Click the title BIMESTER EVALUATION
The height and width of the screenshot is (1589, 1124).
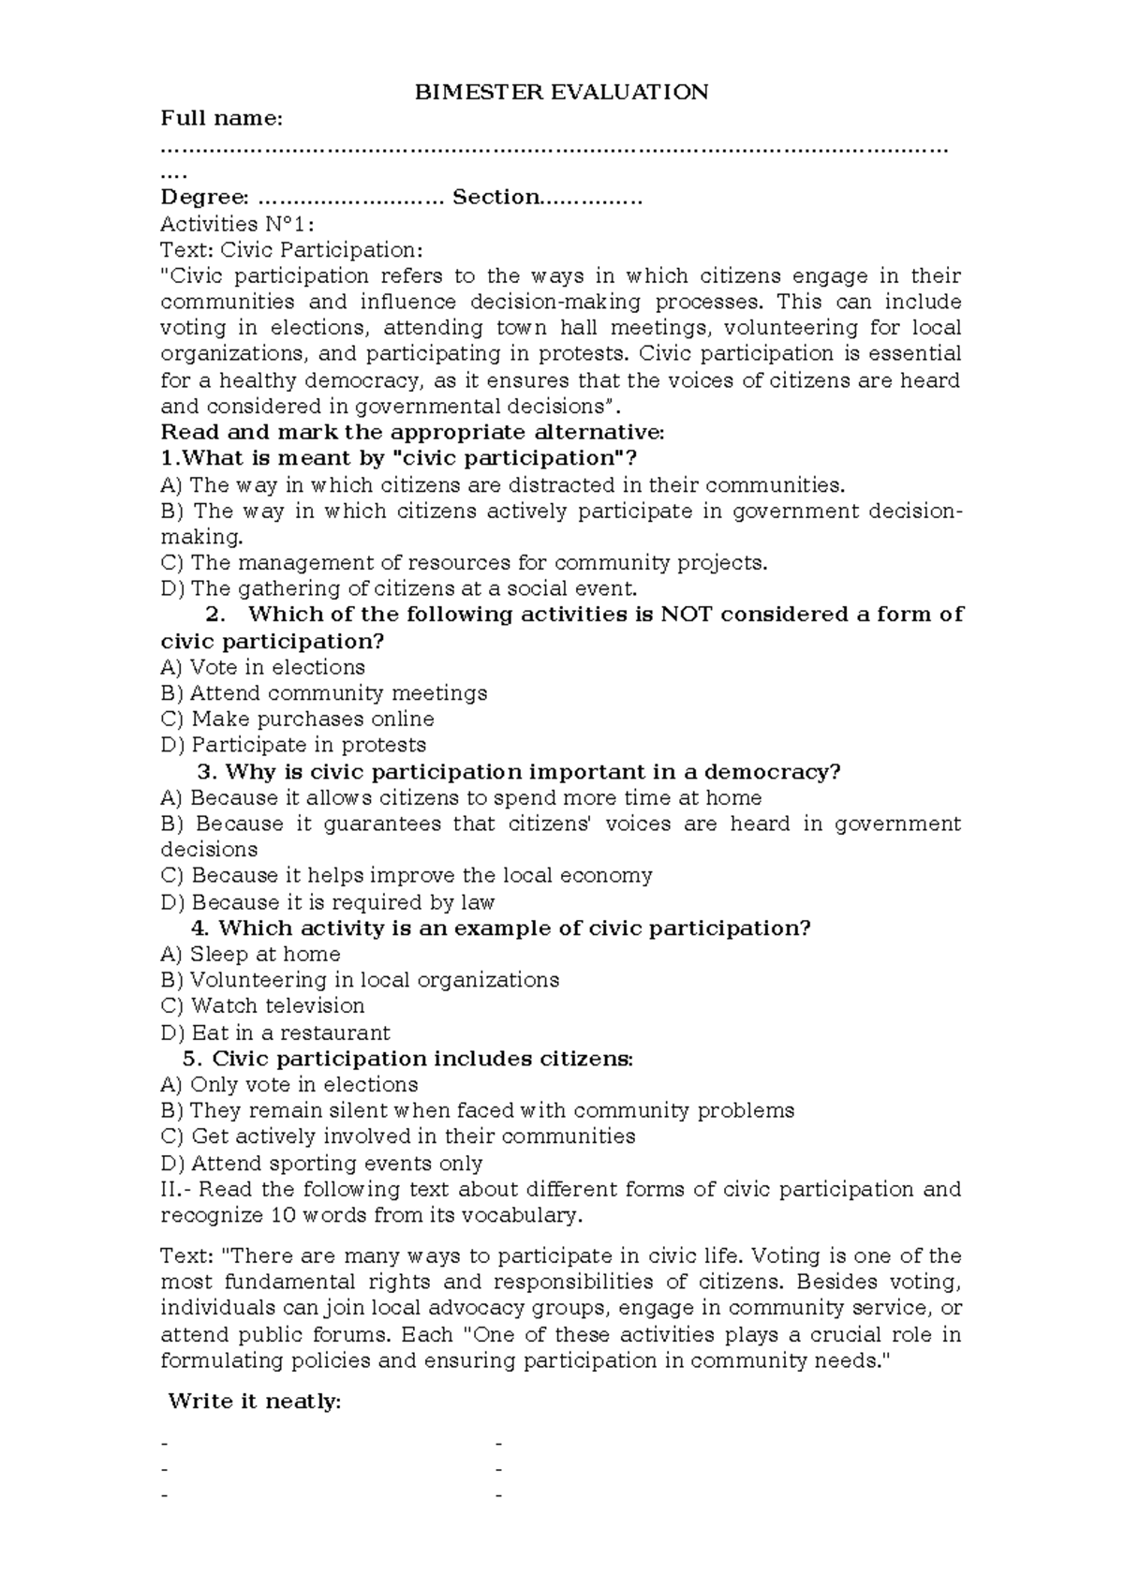tap(562, 92)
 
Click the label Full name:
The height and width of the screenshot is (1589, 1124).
tap(221, 118)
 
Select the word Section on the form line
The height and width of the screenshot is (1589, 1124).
tap(495, 197)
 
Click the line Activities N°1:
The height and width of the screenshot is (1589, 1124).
tap(238, 224)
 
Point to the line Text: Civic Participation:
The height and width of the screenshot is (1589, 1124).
tap(291, 250)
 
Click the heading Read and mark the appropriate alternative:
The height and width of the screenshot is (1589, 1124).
tap(412, 432)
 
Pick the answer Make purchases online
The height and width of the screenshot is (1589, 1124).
tap(298, 720)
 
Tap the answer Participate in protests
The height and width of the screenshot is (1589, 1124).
tap(293, 746)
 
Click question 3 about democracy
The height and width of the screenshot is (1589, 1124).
tap(520, 772)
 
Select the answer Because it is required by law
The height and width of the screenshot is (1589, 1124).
tap(328, 902)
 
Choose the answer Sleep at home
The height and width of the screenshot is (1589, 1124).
tap(251, 955)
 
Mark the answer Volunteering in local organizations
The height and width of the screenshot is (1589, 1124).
tap(361, 980)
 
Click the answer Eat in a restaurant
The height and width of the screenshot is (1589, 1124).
tap(275, 1033)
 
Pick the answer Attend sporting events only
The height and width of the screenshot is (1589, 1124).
tap(322, 1164)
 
